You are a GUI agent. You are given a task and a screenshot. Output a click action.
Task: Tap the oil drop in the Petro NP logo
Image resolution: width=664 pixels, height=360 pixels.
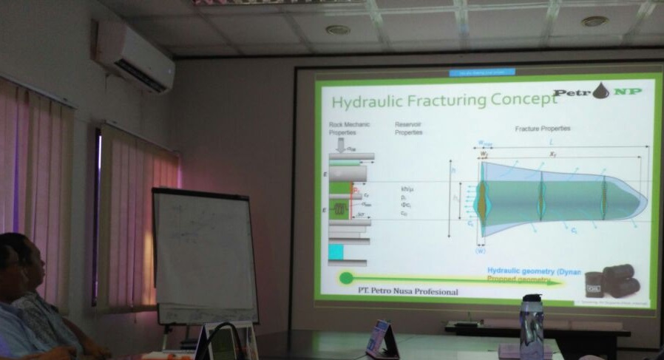click(600, 92)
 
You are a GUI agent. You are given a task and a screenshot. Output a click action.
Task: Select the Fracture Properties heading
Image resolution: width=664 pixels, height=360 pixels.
click(543, 129)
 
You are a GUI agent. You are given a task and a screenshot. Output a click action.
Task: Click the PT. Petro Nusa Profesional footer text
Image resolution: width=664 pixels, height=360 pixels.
click(403, 291)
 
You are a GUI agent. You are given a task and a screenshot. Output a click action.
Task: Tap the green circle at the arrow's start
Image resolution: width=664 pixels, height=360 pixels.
click(345, 279)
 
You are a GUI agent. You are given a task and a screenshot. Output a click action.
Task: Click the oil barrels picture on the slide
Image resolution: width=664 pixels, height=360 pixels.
click(612, 281)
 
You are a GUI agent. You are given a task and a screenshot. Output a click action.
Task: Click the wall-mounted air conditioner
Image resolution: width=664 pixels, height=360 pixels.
click(134, 55)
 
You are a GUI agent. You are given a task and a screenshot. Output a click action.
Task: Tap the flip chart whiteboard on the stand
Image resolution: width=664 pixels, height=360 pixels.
click(204, 254)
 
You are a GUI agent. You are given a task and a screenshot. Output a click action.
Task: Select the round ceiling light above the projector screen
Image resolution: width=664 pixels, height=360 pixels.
click(338, 30)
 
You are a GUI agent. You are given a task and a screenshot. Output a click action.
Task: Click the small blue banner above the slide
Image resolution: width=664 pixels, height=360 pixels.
click(482, 72)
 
